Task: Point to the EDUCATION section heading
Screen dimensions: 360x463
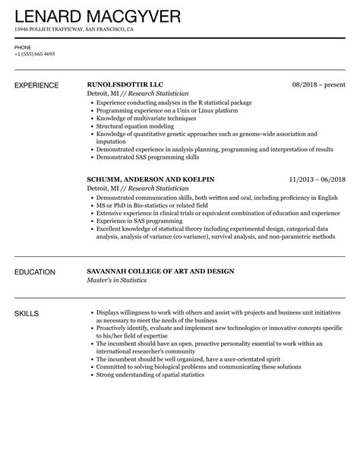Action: tap(35, 271)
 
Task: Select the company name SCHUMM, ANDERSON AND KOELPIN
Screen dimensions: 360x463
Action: tap(151, 179)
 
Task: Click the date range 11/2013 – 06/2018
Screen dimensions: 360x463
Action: tap(317, 179)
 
